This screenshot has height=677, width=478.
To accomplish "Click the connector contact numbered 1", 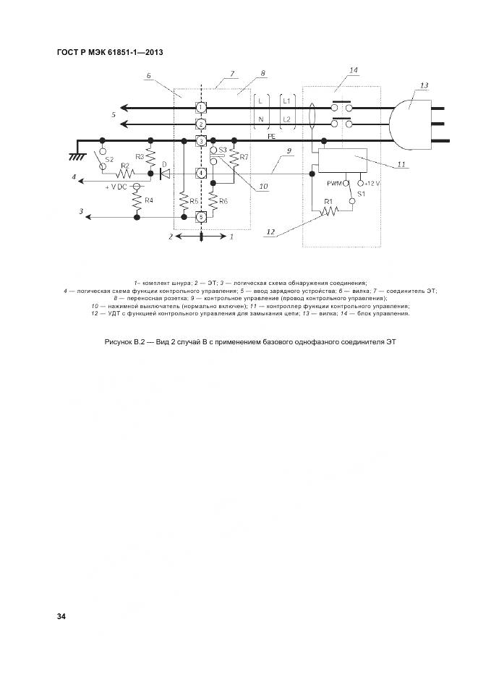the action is (x=201, y=106).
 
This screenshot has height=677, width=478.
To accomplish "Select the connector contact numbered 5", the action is (x=201, y=217).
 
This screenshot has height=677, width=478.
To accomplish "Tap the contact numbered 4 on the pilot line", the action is (x=201, y=174).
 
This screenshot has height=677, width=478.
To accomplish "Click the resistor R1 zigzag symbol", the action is (x=330, y=210).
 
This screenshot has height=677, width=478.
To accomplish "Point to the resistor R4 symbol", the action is (x=137, y=200).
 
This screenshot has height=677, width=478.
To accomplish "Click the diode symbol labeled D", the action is (x=164, y=174).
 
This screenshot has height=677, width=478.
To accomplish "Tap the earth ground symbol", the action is (x=77, y=157).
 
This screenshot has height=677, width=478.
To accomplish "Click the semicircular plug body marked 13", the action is (x=410, y=124).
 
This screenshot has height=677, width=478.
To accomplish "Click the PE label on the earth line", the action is (x=272, y=137).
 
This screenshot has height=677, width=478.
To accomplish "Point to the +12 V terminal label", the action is (x=372, y=184).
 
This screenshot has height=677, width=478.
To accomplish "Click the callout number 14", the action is (x=354, y=70).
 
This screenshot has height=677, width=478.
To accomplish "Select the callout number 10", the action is (x=263, y=187).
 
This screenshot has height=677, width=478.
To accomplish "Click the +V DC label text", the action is (x=116, y=187).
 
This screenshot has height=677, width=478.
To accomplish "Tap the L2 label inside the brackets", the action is (x=286, y=119).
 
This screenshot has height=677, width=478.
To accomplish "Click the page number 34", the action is (x=61, y=616).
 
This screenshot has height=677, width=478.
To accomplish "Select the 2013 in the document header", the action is (x=154, y=53).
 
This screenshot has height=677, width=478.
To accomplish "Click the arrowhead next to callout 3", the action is (x=88, y=217).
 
